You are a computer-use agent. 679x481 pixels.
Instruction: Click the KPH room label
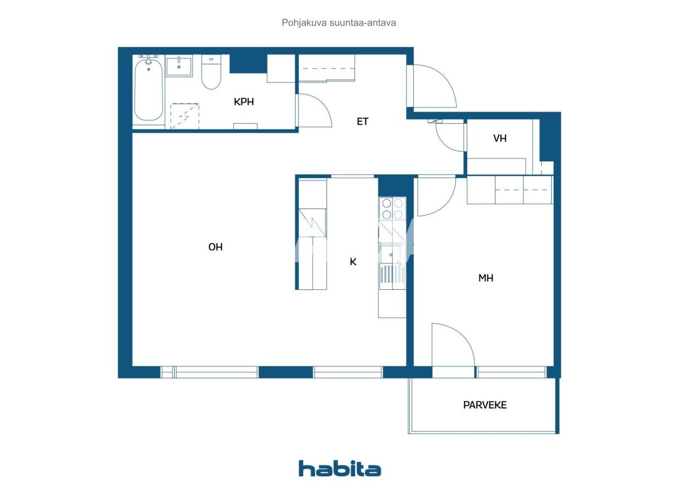click(243, 101)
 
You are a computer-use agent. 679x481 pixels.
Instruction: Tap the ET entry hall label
click(362, 122)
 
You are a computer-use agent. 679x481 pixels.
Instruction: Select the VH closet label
click(500, 139)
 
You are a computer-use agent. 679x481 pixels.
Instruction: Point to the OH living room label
click(215, 247)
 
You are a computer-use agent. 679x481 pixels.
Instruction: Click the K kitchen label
click(353, 261)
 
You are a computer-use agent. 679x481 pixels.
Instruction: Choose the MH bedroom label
click(486, 278)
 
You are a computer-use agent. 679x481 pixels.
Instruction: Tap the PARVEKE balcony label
click(485, 405)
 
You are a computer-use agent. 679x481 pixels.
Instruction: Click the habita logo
click(339, 468)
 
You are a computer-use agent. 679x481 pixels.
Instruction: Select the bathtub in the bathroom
click(148, 91)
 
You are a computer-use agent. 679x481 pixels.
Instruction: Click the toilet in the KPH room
click(211, 74)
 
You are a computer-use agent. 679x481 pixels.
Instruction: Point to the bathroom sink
click(179, 67)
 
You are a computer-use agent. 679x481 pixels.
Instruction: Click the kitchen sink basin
click(391, 254)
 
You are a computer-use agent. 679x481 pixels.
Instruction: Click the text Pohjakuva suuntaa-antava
click(339, 23)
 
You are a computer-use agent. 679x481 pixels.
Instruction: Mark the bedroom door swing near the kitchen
click(435, 197)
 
